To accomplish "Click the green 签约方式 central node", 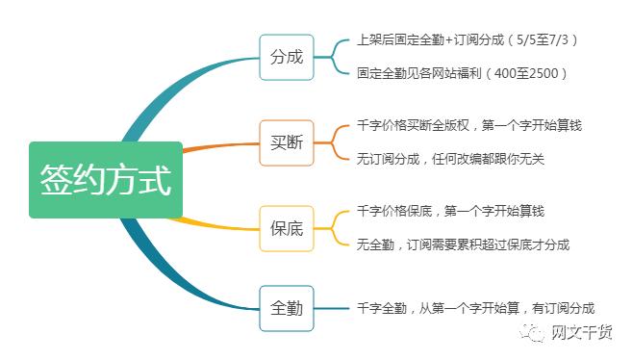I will (x=105, y=180).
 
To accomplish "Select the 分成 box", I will (x=287, y=57).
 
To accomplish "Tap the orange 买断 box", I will (x=287, y=142).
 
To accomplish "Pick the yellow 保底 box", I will (x=287, y=228).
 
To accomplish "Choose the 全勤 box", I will (x=287, y=308).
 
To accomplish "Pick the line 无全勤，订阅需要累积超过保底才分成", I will (x=462, y=244).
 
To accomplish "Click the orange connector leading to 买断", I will (x=221, y=147).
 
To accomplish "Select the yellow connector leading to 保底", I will (x=221, y=223).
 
